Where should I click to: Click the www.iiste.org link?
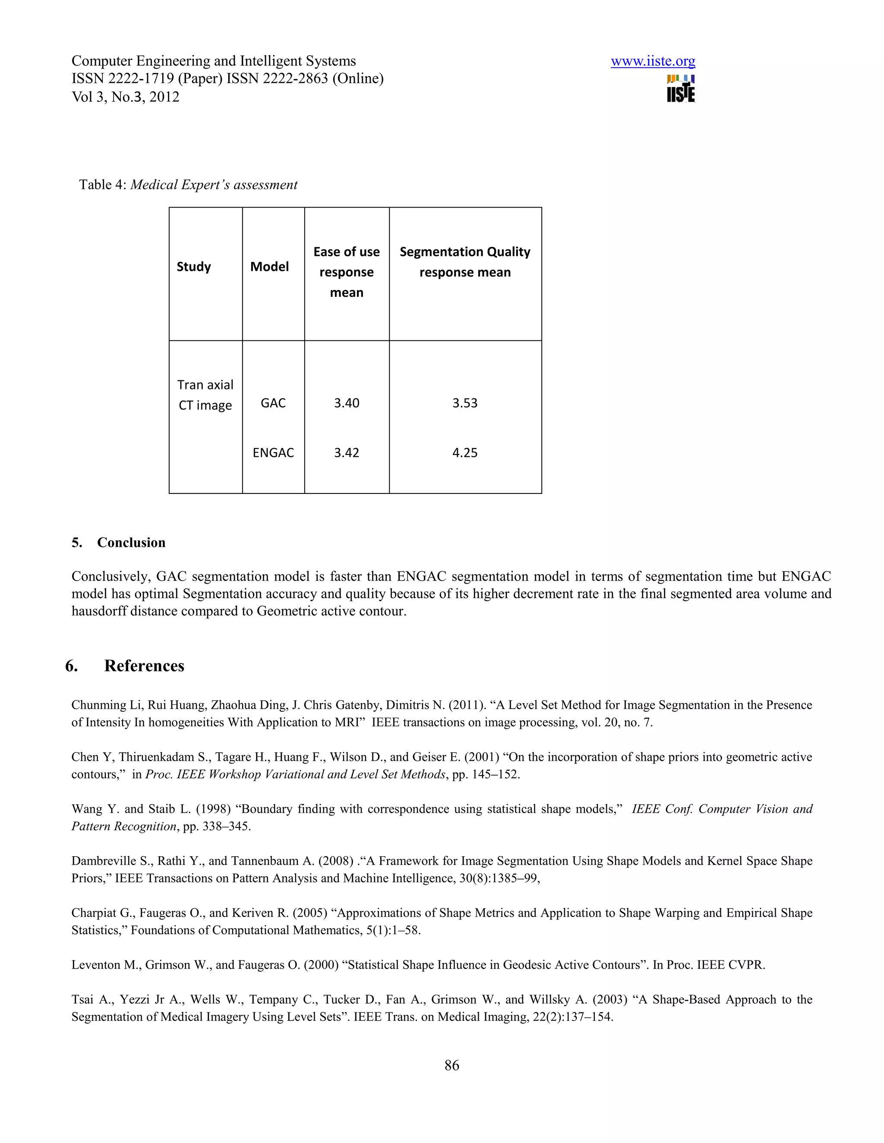653,61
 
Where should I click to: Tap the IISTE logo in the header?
680,89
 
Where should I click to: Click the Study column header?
193,267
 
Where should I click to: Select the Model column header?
269,267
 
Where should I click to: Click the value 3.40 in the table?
346,403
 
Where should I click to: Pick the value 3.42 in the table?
346,453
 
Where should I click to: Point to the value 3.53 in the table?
464,403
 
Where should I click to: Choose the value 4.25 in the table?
464,453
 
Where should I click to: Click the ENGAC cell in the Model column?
273,453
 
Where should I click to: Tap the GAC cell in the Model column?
273,403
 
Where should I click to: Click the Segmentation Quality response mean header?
464,262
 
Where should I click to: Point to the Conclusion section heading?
131,543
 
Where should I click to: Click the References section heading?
144,666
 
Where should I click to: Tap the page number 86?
451,1065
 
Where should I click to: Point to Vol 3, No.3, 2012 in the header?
125,97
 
